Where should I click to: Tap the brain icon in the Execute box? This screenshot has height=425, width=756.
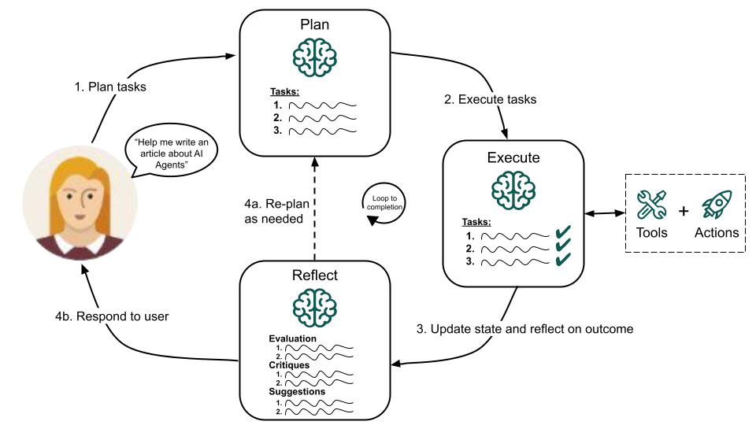click(x=513, y=190)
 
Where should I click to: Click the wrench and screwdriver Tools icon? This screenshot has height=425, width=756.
click(x=652, y=205)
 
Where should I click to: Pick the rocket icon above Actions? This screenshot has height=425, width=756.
click(x=717, y=205)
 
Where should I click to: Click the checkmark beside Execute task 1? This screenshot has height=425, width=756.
click(x=562, y=232)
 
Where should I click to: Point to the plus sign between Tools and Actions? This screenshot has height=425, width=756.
click(x=683, y=211)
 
